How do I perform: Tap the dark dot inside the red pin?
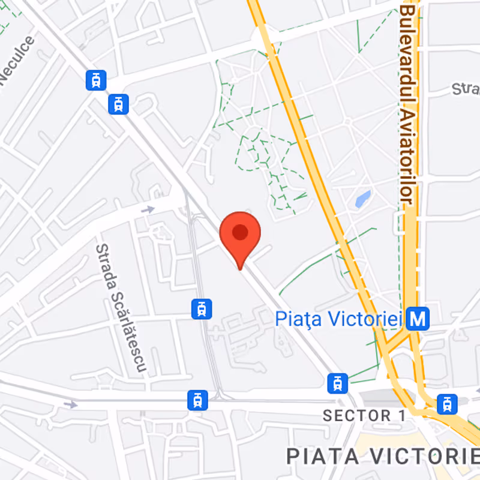240,232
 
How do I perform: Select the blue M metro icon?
418,319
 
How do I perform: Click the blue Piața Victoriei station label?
338,319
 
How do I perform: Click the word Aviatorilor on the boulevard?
408,156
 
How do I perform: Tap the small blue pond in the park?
362,199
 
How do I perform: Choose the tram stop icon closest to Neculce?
96,80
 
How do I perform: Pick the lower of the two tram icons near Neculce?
119,104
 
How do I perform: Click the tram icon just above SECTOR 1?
337,382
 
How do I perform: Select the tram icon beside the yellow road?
447,404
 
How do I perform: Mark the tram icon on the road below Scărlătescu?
197,400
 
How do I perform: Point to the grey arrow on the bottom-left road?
71,405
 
